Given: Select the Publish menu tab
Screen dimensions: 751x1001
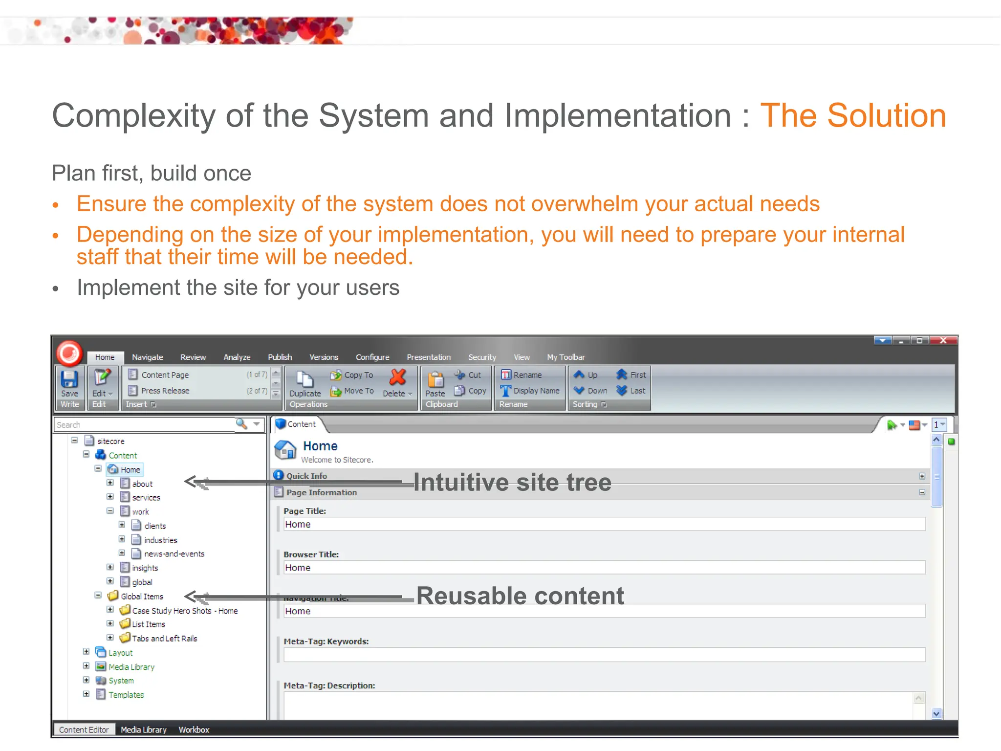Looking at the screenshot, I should (x=280, y=357).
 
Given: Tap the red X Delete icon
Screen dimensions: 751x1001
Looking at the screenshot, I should (x=398, y=377).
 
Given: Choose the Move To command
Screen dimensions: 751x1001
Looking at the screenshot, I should (x=352, y=391).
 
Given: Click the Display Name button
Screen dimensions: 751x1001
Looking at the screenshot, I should (x=530, y=391).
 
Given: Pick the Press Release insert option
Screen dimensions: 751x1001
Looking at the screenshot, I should (x=165, y=391).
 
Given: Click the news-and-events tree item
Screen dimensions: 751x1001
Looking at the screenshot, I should (x=174, y=554).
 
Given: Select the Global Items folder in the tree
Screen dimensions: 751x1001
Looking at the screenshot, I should (x=141, y=596).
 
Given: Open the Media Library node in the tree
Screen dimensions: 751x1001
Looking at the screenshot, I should (x=131, y=667).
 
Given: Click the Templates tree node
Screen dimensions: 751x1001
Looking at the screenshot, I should (x=126, y=695).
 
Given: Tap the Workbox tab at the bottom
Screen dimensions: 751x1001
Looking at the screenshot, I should (x=194, y=729).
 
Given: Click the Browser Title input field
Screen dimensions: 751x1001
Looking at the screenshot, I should (x=604, y=568).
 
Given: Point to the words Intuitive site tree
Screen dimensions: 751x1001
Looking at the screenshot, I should (x=512, y=483).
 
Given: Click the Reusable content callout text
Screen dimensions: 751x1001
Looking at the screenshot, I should (x=520, y=596).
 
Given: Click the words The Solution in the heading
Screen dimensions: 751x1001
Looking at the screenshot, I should (x=853, y=116).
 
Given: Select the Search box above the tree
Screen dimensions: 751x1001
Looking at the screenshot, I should (x=144, y=425).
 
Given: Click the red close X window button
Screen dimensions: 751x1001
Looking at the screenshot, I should (x=943, y=341).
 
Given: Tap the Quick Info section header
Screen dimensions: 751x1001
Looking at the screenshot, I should (x=306, y=476).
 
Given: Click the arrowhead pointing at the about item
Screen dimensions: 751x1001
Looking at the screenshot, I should (x=190, y=482).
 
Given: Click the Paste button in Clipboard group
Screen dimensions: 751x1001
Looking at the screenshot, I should (x=435, y=383).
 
